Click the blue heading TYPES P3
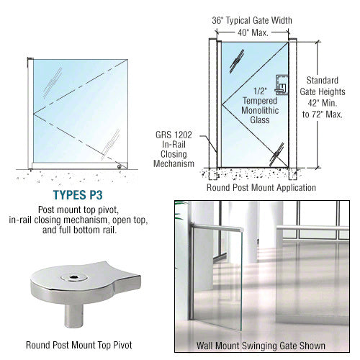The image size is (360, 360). [x=78, y=195]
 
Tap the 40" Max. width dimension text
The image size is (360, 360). [x=253, y=32]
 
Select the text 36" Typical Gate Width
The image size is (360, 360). [x=252, y=20]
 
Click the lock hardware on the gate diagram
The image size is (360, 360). [x=282, y=84]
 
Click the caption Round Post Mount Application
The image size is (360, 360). [x=261, y=187]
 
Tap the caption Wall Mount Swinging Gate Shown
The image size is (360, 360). [x=261, y=346]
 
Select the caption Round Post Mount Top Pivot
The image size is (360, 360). [x=79, y=345]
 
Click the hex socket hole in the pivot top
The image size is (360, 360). [x=73, y=278]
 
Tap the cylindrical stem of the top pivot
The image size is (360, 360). [x=73, y=315]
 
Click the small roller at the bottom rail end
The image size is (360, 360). [x=119, y=166]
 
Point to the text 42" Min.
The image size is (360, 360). [x=323, y=103]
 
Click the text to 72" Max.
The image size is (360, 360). [x=323, y=114]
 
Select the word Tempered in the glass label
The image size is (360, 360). [x=260, y=101]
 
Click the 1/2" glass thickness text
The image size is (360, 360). [x=260, y=91]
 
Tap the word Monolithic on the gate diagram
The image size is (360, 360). [x=260, y=110]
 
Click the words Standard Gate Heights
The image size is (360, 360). [x=323, y=86]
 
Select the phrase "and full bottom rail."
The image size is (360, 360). [x=79, y=230]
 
